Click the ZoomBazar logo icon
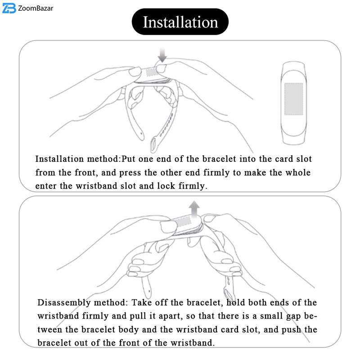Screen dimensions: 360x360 9,8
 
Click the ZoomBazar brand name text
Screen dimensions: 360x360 36,9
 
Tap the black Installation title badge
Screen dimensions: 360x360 180,22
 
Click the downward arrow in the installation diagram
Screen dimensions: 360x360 162,55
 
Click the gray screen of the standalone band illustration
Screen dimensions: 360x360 294,99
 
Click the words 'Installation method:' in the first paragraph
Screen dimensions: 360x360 78,159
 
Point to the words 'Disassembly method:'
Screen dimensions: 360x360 82,302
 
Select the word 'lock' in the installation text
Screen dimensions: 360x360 166,185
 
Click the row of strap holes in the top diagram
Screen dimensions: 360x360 166,125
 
